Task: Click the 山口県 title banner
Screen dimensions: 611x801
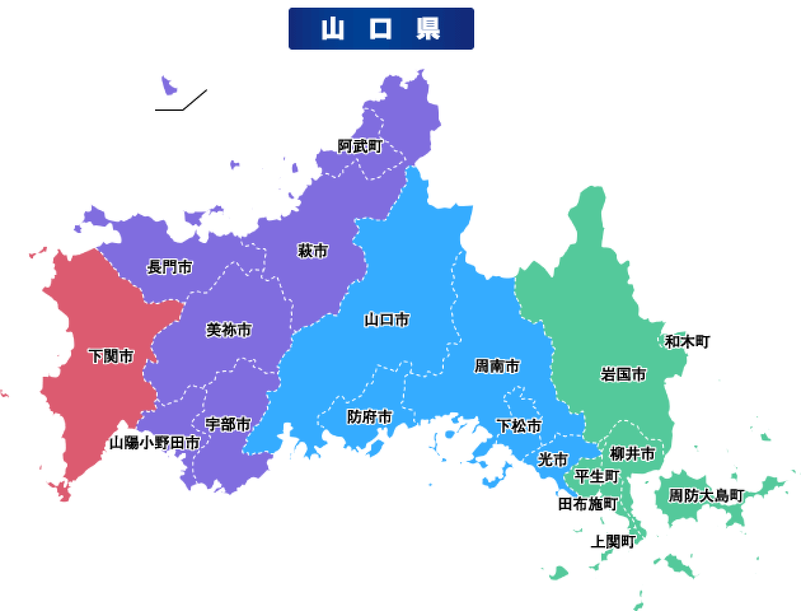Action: coord(381,29)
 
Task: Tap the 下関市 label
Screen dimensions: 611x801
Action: coord(111,356)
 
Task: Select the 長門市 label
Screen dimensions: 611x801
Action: coord(170,267)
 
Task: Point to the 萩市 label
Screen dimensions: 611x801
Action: coord(312,251)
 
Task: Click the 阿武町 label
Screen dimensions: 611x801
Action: coord(360,146)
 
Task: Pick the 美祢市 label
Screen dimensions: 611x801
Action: coord(229,330)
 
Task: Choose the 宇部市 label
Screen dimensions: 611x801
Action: coord(228,424)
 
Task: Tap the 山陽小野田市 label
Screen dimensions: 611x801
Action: coord(154,443)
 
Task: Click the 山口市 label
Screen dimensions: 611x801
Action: coord(387,320)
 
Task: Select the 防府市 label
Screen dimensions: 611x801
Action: coord(369,417)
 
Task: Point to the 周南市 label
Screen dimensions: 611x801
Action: coord(497,366)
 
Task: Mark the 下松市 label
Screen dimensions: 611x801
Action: coord(519,425)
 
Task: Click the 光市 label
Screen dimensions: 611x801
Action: coord(552,459)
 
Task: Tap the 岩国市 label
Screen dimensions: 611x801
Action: coord(623,374)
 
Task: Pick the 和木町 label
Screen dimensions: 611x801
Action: coord(687,342)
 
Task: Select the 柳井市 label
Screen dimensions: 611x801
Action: coord(632,454)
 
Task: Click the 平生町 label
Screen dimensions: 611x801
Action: coord(596,476)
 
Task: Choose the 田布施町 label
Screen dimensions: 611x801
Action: coord(587,504)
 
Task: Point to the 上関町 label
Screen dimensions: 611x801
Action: coord(613,542)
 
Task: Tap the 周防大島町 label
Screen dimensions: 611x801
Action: coord(706,495)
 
